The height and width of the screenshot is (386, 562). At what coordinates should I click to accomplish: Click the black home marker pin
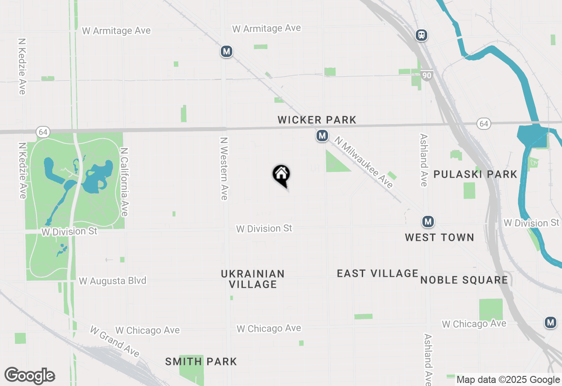pos(281,175)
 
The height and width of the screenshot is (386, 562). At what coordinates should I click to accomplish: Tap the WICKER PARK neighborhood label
pos(317,120)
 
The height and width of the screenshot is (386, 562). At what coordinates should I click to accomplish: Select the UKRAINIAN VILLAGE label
pos(253,279)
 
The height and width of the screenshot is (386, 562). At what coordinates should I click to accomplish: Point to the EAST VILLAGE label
pos(378,273)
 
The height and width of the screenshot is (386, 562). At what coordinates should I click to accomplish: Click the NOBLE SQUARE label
pos(464,280)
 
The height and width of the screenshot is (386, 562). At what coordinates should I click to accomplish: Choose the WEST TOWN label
pos(439,237)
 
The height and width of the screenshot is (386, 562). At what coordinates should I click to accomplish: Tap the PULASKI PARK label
pos(476,174)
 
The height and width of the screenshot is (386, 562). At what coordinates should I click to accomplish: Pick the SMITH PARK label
pos(201,361)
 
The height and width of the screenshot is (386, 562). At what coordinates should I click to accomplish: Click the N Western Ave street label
pos(224,168)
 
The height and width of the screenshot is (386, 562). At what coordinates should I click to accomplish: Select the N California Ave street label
pos(124,181)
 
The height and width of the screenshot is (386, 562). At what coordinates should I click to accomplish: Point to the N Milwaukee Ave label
pos(364,162)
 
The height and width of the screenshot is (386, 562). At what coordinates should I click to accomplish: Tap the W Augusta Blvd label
pos(112,281)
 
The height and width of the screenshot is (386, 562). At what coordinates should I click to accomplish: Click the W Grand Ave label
pos(115,341)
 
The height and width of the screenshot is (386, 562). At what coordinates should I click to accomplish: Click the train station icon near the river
pos(421,35)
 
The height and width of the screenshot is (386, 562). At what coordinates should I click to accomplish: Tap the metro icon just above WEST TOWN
pos(428,222)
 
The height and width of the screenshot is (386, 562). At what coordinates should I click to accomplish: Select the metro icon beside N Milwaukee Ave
pos(322,136)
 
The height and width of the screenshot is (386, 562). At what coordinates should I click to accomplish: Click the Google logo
pos(29,375)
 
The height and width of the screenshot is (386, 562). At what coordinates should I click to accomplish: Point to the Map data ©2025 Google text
pos(508,380)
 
